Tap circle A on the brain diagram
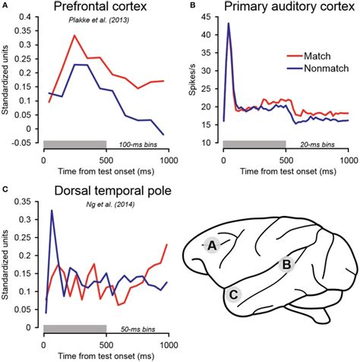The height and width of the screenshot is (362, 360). click(x=213, y=245)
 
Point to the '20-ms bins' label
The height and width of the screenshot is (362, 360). click(x=327, y=144)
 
